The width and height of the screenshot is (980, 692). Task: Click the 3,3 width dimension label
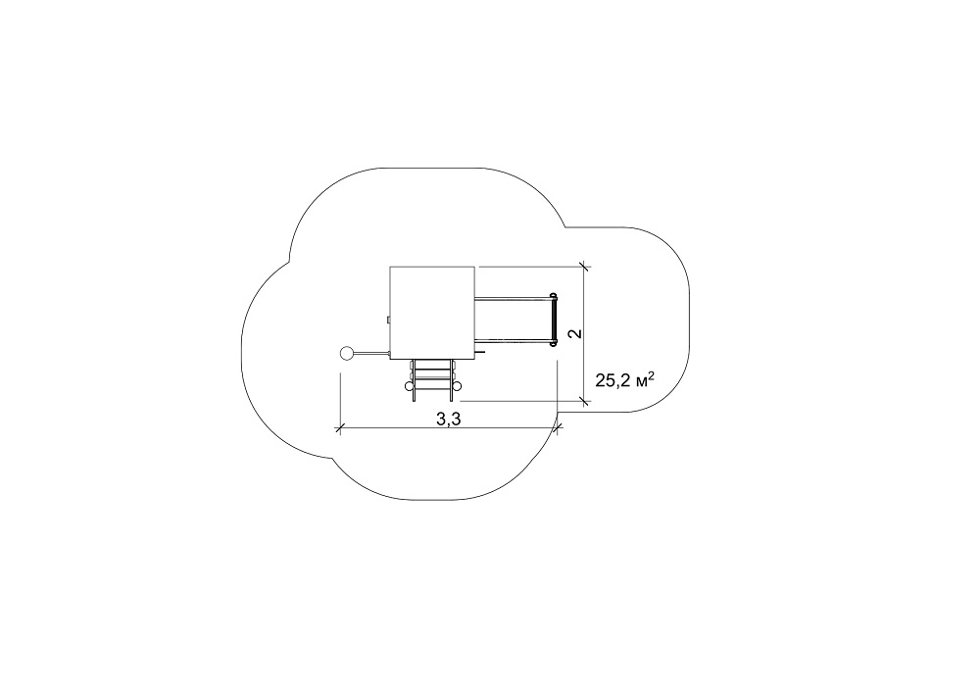click(x=448, y=420)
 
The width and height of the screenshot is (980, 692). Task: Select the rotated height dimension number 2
click(x=575, y=333)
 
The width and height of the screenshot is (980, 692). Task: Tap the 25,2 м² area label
click(x=624, y=379)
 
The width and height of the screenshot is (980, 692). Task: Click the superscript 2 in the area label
click(x=652, y=375)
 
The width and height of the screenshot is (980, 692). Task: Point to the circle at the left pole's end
click(x=346, y=354)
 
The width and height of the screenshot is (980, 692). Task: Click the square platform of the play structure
click(x=432, y=313)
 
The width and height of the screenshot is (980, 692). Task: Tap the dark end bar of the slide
click(x=553, y=319)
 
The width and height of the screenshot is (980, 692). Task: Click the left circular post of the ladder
click(x=410, y=386)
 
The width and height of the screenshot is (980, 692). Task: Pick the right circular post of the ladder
click(x=455, y=386)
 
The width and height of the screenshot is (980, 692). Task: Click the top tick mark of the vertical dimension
click(x=584, y=267)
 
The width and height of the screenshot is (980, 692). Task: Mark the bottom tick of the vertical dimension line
click(x=584, y=401)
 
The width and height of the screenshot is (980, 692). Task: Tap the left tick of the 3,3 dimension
click(x=339, y=428)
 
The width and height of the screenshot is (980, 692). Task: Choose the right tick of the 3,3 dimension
click(x=558, y=428)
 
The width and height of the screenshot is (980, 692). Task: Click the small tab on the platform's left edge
click(x=388, y=321)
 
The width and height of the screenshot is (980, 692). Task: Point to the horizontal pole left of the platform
click(x=370, y=354)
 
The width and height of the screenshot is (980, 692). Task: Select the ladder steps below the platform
click(x=432, y=378)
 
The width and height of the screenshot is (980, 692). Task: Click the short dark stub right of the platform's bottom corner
click(x=480, y=353)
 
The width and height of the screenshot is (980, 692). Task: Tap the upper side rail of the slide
click(x=513, y=298)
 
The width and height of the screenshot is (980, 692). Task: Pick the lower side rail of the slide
click(x=513, y=340)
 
